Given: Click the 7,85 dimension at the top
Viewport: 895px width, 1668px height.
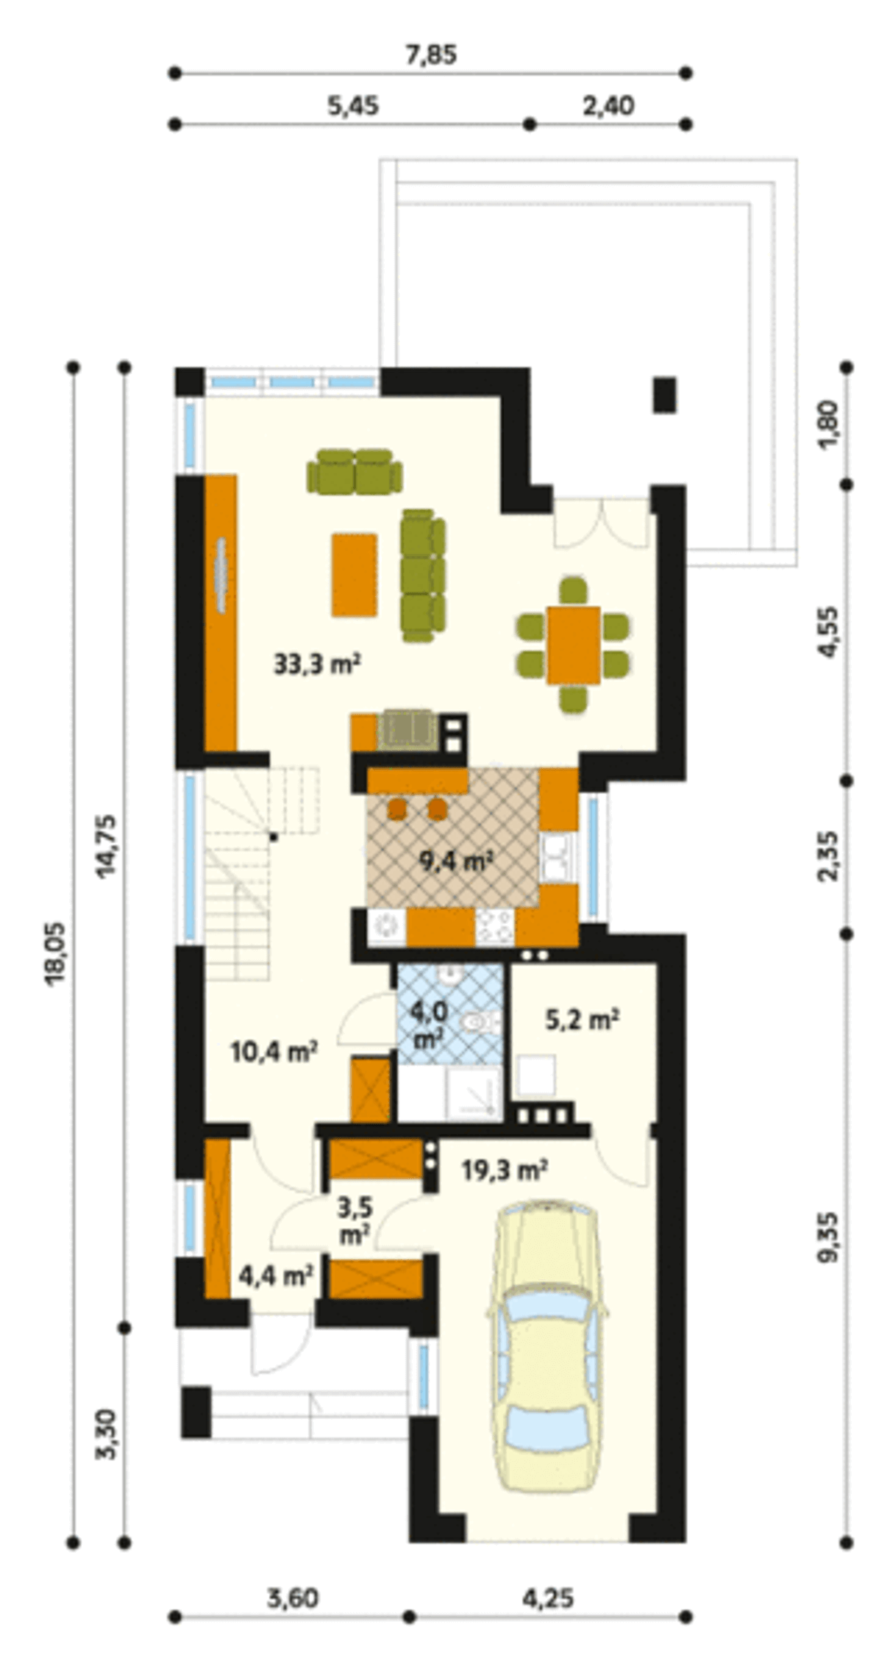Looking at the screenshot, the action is [x=431, y=54].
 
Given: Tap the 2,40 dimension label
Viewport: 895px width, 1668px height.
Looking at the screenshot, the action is [x=608, y=106].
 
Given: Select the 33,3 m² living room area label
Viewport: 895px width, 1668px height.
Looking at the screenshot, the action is [x=317, y=664].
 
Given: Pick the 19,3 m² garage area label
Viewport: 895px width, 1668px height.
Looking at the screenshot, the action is [x=504, y=1169].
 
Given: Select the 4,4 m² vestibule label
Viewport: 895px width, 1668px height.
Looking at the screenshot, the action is [x=275, y=1276].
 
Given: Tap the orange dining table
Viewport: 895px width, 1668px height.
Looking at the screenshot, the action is [x=574, y=645].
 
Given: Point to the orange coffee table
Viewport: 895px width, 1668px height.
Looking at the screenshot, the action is [x=355, y=575].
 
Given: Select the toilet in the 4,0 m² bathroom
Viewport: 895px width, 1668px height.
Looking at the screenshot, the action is [x=478, y=1024].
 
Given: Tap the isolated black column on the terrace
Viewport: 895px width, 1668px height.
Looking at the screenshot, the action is [x=665, y=395].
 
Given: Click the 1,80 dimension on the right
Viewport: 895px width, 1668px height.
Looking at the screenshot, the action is [x=829, y=426].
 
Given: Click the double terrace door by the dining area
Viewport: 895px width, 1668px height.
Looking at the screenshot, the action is [x=601, y=522].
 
